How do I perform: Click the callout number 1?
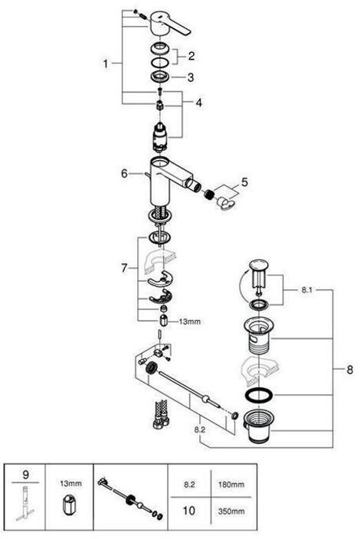click(x=106, y=64)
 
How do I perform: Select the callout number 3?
click(x=191, y=77)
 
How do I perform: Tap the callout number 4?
click(x=199, y=103)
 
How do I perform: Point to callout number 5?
click(x=244, y=182)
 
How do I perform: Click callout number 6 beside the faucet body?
click(x=124, y=174)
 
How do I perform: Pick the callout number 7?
click(x=124, y=268)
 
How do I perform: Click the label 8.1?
click(x=306, y=289)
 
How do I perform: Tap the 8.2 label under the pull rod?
click(x=200, y=430)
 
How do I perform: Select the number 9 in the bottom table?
click(x=26, y=475)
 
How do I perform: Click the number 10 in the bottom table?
click(x=188, y=511)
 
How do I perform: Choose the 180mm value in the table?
click(x=231, y=485)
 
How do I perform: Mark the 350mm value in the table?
click(x=231, y=511)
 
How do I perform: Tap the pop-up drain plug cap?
click(x=258, y=265)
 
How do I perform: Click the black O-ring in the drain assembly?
click(x=259, y=395)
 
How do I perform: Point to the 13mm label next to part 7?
click(x=189, y=322)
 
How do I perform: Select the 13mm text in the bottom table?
click(x=70, y=484)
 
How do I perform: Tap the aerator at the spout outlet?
click(x=208, y=194)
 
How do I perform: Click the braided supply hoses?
click(x=160, y=413)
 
